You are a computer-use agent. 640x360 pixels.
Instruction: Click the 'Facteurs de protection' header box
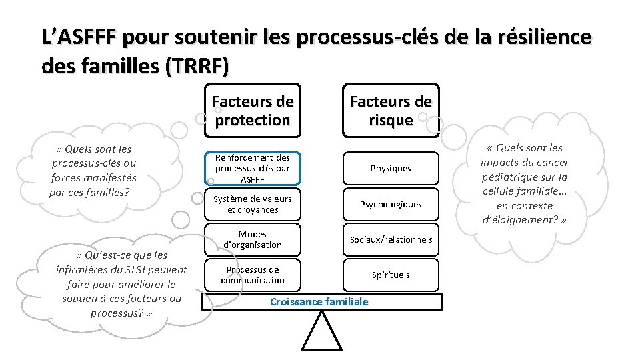252,111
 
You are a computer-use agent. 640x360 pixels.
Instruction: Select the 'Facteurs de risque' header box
391,111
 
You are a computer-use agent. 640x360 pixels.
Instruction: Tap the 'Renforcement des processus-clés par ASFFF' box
252,168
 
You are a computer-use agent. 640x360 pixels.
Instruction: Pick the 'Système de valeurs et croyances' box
252,204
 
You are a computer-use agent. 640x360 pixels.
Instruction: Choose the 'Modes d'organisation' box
252,239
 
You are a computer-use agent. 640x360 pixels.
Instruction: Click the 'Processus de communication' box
252,275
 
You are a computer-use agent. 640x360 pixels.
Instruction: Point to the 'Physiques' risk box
391,168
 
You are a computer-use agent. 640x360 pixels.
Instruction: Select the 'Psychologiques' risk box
391,204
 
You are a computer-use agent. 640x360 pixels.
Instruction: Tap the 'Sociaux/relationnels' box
391,239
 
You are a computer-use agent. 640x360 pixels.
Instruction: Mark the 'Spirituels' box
391,275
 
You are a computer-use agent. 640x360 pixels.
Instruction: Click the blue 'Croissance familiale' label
319,302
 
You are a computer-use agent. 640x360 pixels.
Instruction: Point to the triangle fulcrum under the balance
321,333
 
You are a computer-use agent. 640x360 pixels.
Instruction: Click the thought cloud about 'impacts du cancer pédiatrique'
524,184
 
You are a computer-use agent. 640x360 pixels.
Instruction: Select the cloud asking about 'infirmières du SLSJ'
121,284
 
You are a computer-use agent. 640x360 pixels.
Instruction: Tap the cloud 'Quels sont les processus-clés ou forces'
93,171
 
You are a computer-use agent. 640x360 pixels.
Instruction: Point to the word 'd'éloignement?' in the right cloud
524,220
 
